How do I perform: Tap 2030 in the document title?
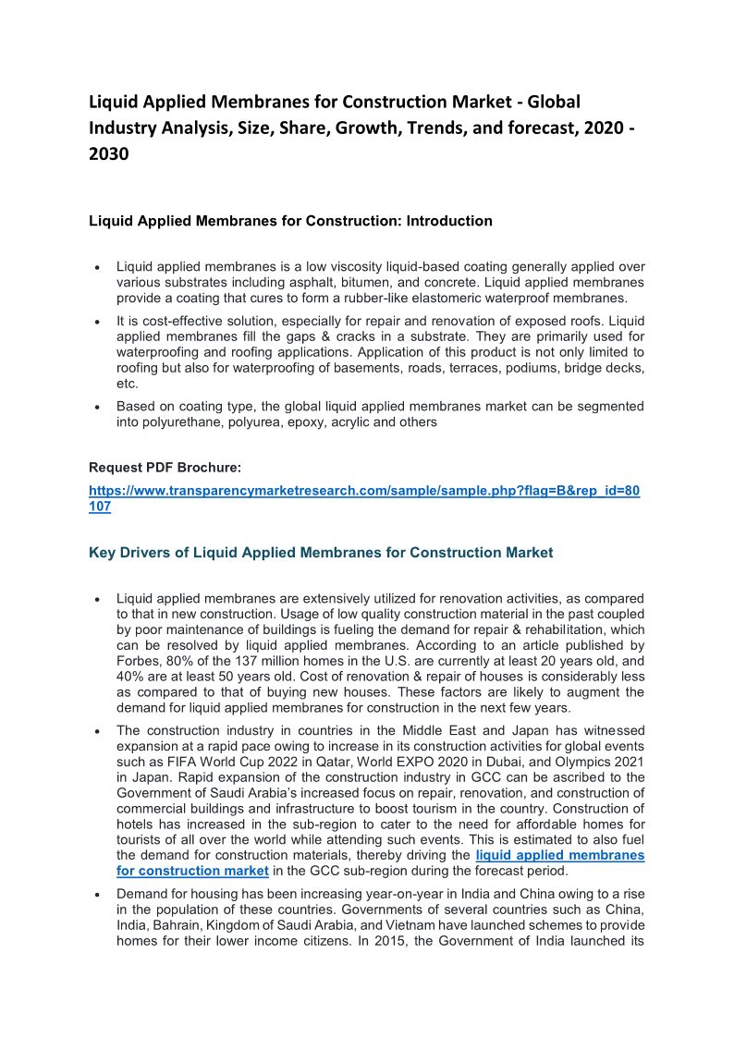109,154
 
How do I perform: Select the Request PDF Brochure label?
165,467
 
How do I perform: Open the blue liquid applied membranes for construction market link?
380,863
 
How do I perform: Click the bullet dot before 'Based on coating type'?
97,408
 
